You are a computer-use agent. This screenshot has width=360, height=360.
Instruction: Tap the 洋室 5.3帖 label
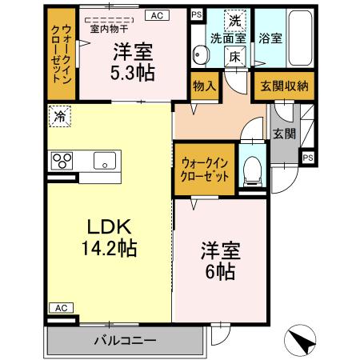coord(134,60)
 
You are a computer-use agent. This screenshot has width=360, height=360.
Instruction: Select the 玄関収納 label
coord(281,86)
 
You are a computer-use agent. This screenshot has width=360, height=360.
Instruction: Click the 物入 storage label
coord(203,85)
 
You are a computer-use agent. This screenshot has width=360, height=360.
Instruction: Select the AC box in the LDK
coord(59,306)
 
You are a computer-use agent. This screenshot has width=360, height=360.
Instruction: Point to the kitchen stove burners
coord(62,160)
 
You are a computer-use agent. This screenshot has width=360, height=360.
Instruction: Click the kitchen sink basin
coord(103,160)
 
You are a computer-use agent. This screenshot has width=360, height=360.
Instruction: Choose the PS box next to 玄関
coord(307,157)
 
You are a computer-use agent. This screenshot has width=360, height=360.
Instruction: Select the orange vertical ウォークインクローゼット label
coord(62,52)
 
